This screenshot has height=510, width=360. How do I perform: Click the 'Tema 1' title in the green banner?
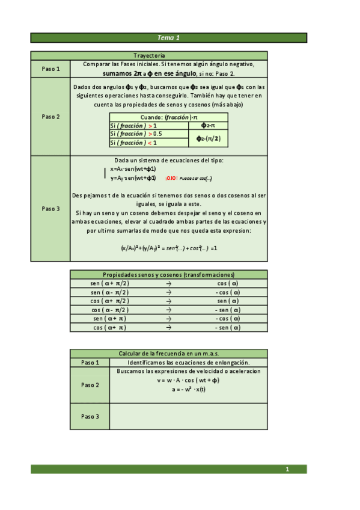point(169,38)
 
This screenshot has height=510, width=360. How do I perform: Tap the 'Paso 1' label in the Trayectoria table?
point(51,69)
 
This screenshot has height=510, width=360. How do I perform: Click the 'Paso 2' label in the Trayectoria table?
point(51,117)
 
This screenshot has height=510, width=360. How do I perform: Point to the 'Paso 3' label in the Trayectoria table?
point(51,209)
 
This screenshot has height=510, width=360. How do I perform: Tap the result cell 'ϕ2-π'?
point(208,125)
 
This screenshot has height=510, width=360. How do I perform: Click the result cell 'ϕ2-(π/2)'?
point(208,138)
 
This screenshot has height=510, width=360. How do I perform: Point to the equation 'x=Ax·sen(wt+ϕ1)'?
point(133,170)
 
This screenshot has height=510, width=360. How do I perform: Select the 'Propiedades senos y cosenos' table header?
point(168,274)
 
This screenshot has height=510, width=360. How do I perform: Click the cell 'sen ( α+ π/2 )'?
point(110,283)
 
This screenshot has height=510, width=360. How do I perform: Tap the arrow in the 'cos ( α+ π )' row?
point(169,328)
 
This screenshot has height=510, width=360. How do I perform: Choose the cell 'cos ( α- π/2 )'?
point(110,310)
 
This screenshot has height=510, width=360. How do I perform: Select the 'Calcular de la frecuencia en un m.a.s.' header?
point(168,354)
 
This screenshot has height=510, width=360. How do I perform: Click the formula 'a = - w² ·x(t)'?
point(188,389)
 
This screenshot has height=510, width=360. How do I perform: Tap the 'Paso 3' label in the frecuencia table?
point(90,416)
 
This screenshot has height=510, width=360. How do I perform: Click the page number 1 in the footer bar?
point(287,469)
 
